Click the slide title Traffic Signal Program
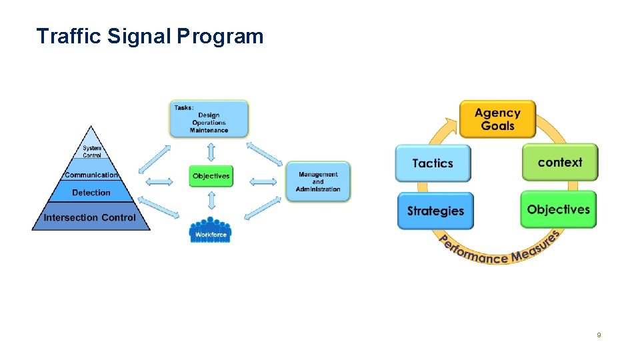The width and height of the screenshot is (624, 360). click(150, 36)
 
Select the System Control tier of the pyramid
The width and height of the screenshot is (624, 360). click(92, 151)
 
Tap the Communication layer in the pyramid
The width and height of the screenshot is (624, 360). click(91, 175)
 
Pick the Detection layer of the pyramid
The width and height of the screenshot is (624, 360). click(91, 193)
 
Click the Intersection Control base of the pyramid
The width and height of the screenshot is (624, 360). click(90, 218)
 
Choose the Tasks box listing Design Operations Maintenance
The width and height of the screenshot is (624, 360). click(209, 119)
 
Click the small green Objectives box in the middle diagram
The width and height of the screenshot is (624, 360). click(211, 176)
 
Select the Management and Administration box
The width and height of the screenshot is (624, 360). click(318, 181)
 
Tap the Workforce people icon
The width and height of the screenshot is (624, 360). click(211, 230)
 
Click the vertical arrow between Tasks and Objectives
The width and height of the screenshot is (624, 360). click(211, 151)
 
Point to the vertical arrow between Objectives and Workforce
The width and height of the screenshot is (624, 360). click(211, 201)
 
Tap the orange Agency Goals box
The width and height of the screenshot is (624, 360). click(497, 119)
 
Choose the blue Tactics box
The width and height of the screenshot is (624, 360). click(433, 163)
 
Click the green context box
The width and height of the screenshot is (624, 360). click(559, 163)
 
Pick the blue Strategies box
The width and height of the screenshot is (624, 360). click(435, 211)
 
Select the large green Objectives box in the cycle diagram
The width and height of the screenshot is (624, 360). click(558, 209)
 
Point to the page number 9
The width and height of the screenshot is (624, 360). click(599, 335)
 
